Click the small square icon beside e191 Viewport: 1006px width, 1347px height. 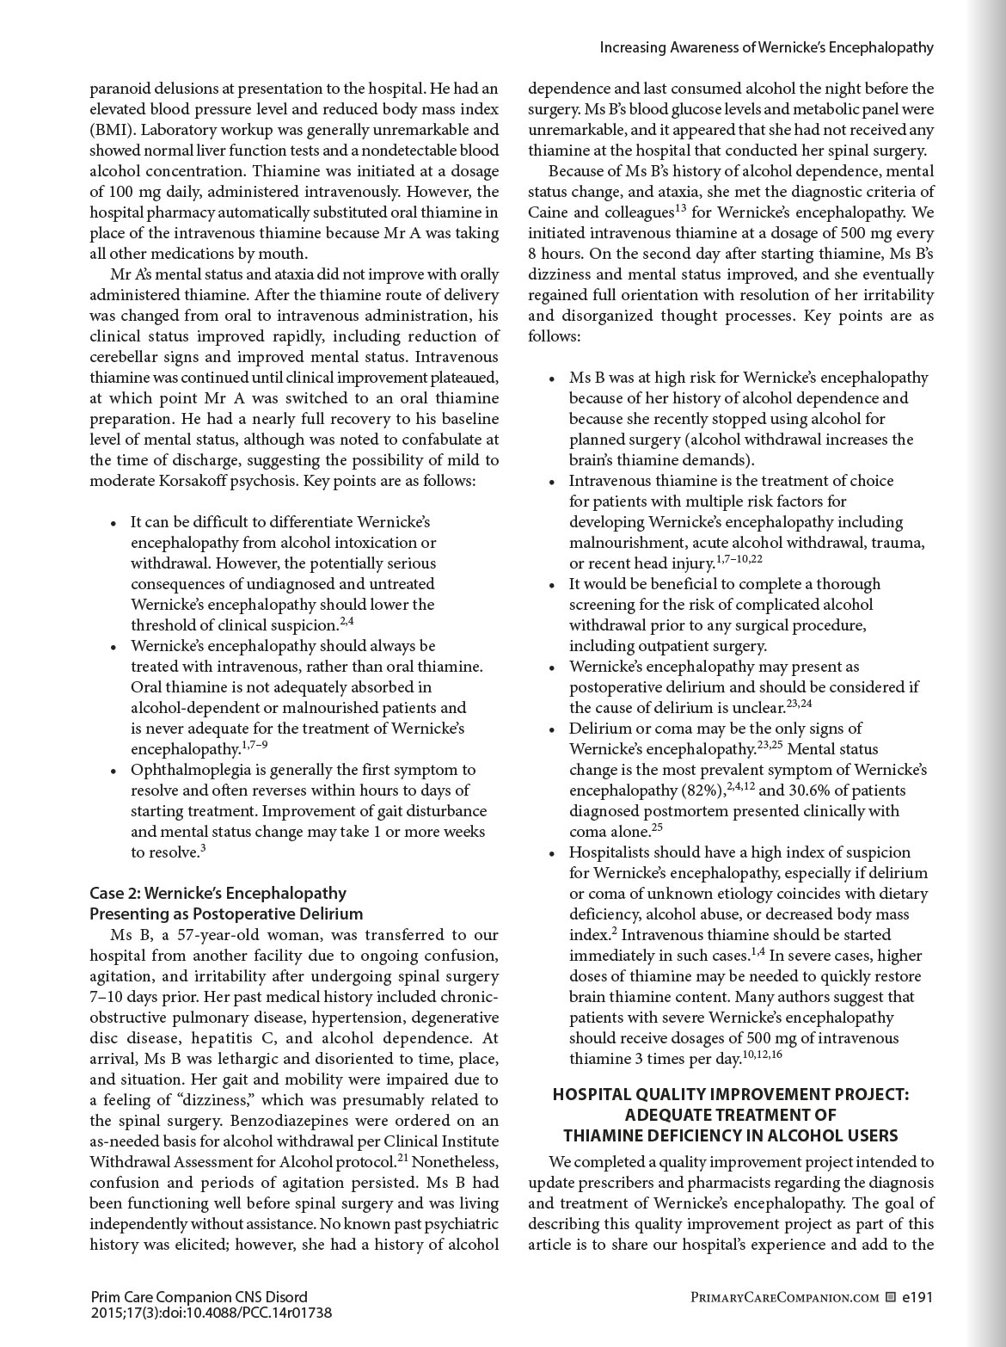tap(891, 1296)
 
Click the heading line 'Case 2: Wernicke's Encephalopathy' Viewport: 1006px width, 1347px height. tap(218, 893)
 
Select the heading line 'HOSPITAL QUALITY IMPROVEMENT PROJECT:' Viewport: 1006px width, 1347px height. tap(730, 1094)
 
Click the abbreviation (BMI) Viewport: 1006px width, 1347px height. tap(113, 130)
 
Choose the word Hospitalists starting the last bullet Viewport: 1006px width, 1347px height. tap(611, 852)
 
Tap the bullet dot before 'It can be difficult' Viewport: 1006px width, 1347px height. tap(113, 523)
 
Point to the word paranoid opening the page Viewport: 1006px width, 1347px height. tap(118, 89)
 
